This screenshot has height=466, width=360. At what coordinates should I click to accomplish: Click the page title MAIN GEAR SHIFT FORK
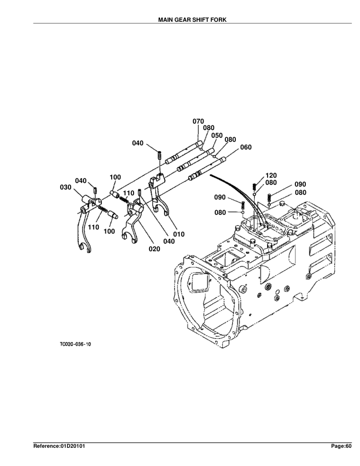[192, 20]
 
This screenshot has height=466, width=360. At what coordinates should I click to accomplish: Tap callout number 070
[198, 121]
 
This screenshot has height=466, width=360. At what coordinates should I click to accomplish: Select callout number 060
[246, 147]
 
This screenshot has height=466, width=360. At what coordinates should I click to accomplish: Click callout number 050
[217, 135]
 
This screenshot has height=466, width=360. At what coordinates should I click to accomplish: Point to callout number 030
[66, 187]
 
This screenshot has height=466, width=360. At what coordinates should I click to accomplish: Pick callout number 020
[155, 249]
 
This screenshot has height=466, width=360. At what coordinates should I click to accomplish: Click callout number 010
[179, 234]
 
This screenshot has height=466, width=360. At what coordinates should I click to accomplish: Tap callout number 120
[271, 176]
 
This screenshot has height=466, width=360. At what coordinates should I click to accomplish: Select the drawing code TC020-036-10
[75, 344]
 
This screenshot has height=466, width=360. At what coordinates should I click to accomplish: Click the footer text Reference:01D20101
[59, 446]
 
